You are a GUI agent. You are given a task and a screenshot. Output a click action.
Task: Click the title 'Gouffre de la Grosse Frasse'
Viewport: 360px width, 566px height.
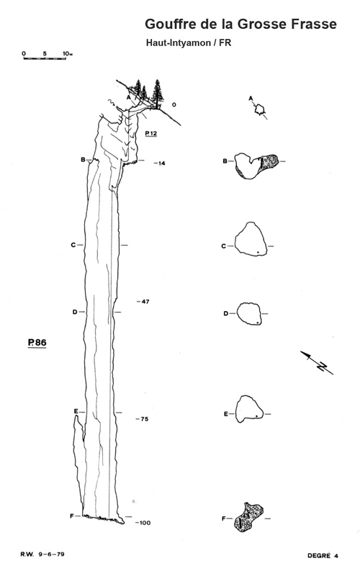[240, 24]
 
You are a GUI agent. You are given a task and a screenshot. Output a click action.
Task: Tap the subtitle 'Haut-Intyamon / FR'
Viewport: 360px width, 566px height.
[189, 43]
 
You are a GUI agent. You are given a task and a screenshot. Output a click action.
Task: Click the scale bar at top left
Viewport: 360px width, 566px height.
[45, 58]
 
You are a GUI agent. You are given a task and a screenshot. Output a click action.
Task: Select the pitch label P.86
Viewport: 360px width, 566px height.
[37, 342]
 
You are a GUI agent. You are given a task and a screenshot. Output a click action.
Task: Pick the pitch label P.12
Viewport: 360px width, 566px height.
[151, 133]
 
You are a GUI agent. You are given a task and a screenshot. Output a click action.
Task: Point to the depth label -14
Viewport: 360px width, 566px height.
[160, 163]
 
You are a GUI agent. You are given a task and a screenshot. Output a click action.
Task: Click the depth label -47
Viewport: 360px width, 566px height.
[143, 302]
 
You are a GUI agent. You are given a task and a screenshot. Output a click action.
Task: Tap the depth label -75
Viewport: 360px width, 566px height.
[143, 418]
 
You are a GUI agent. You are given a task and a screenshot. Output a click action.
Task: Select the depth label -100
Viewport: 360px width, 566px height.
[143, 522]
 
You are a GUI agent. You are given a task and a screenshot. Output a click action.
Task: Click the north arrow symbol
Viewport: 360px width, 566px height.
[317, 362]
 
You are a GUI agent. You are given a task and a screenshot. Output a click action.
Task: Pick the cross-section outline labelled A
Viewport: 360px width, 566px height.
[260, 109]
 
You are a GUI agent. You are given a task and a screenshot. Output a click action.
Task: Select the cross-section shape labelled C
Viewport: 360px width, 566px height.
[251, 239]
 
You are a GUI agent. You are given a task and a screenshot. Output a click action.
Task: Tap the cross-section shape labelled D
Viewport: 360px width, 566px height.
[249, 313]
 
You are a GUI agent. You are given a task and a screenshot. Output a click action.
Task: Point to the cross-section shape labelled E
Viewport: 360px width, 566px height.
[249, 409]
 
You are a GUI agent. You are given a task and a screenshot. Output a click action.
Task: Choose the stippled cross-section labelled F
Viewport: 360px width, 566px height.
[248, 516]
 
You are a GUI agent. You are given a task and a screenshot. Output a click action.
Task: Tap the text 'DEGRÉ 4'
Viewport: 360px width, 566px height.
[323, 555]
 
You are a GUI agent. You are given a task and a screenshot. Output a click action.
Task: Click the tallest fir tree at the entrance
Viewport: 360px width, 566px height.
[157, 94]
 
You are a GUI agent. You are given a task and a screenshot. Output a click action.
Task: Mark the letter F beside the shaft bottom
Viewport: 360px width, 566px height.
[71, 516]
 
